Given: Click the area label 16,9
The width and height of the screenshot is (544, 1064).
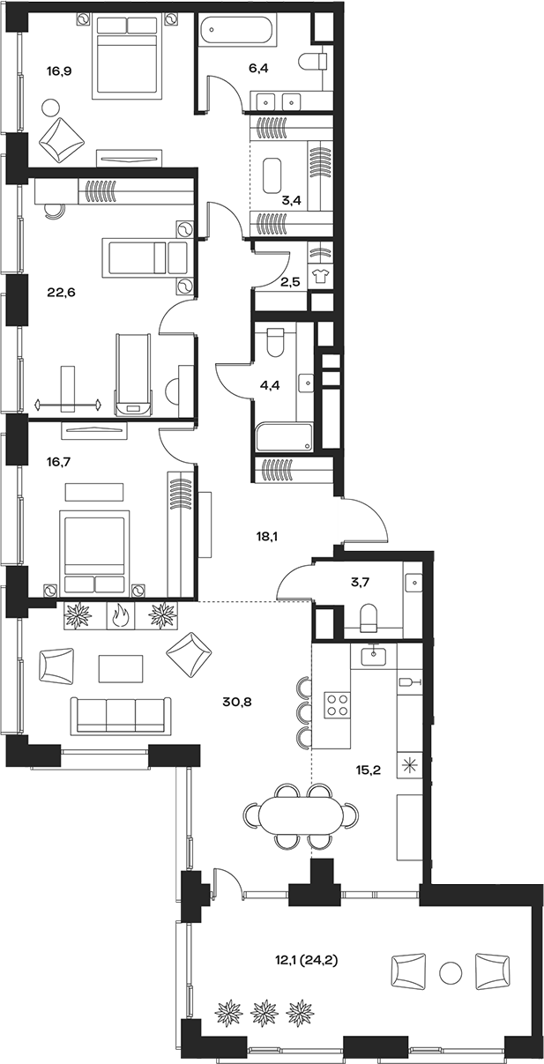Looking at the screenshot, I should [x=59, y=71].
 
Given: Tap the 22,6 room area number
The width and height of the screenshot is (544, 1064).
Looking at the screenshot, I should [x=59, y=293].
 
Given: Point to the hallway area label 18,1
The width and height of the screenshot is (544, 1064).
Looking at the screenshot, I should [x=265, y=533].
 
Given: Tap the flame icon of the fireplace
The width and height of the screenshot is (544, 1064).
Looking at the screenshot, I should [x=120, y=615].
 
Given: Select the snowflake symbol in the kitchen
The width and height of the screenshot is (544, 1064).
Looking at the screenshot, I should [x=409, y=764].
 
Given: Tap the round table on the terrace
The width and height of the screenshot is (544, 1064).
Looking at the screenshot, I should [x=451, y=973].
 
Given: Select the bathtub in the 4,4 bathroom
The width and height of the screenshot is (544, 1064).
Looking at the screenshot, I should [x=283, y=438].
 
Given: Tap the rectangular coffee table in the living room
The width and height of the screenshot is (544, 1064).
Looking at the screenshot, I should [x=120, y=668].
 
